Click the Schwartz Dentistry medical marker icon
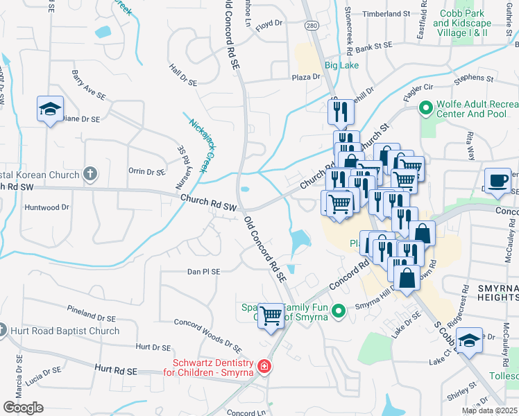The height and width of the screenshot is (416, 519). [264, 365]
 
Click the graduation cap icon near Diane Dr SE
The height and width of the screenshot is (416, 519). [51, 109]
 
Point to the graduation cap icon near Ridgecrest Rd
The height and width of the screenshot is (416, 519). [470, 340]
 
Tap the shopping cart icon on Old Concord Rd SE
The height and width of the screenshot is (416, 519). [271, 315]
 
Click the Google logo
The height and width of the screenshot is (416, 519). [23, 408]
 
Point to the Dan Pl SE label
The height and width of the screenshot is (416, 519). [203, 272]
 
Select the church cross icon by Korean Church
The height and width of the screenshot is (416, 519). [90, 174]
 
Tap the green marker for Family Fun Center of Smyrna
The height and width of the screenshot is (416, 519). [339, 311]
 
